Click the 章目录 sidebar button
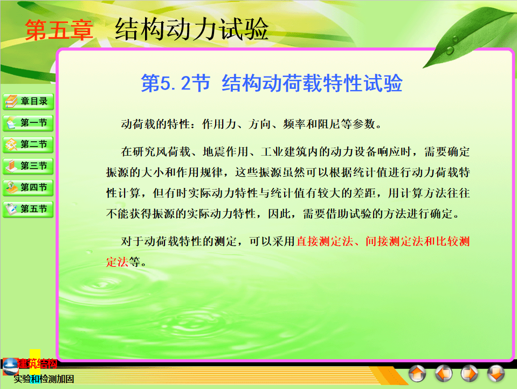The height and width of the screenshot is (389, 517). (x=28, y=101)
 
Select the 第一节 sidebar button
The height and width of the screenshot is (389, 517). (x=28, y=123)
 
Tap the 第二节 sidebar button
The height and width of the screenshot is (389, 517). (x=28, y=144)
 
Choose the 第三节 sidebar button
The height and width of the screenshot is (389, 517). (x=28, y=166)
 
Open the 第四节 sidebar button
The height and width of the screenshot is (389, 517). (x=28, y=187)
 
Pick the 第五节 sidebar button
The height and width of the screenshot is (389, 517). (x=28, y=209)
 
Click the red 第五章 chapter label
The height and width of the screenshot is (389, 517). (x=59, y=30)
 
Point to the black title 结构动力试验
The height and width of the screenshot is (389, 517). (x=191, y=29)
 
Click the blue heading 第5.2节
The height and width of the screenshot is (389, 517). (x=175, y=83)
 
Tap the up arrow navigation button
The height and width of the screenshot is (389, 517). (x=417, y=373)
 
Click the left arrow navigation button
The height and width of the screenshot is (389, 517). (x=444, y=373)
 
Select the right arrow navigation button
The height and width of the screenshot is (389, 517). (x=470, y=373)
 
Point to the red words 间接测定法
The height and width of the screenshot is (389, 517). (x=394, y=241)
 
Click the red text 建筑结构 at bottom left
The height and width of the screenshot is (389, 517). (x=37, y=364)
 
